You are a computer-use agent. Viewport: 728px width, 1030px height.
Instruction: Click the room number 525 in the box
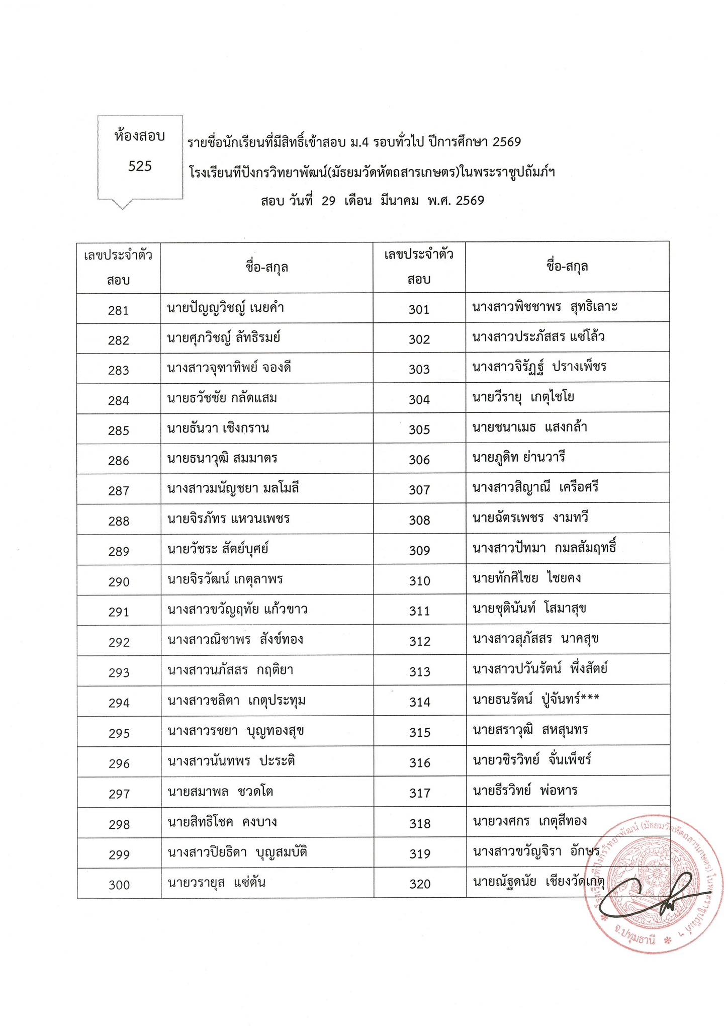click(x=140, y=166)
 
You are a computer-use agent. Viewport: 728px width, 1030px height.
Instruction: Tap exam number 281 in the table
click(x=118, y=310)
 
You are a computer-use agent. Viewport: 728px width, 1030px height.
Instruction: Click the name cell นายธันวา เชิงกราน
click(x=218, y=428)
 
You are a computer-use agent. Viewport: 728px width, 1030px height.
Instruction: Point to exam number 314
click(x=420, y=702)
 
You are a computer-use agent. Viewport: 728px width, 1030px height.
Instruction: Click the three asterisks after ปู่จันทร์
click(x=590, y=698)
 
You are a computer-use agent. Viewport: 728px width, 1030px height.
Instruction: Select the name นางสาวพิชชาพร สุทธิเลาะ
click(x=545, y=307)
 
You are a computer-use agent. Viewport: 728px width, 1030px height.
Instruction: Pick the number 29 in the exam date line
click(x=328, y=201)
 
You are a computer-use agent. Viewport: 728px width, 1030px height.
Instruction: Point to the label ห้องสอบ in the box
click(x=140, y=136)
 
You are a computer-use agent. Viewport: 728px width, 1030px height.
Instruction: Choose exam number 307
click(x=419, y=490)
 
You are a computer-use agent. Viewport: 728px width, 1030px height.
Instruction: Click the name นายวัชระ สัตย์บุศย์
click(x=218, y=549)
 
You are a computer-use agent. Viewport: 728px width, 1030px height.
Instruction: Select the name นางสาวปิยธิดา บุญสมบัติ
click(x=237, y=852)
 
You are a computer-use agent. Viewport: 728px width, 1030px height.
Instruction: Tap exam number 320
click(x=420, y=884)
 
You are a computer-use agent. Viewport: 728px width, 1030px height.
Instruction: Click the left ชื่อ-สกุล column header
click(x=267, y=267)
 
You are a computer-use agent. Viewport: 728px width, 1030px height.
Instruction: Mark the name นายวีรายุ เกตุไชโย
click(x=523, y=397)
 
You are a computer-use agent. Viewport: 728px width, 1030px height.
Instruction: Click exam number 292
click(x=119, y=642)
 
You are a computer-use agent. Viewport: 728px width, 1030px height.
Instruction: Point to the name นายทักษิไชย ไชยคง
click(x=526, y=578)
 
